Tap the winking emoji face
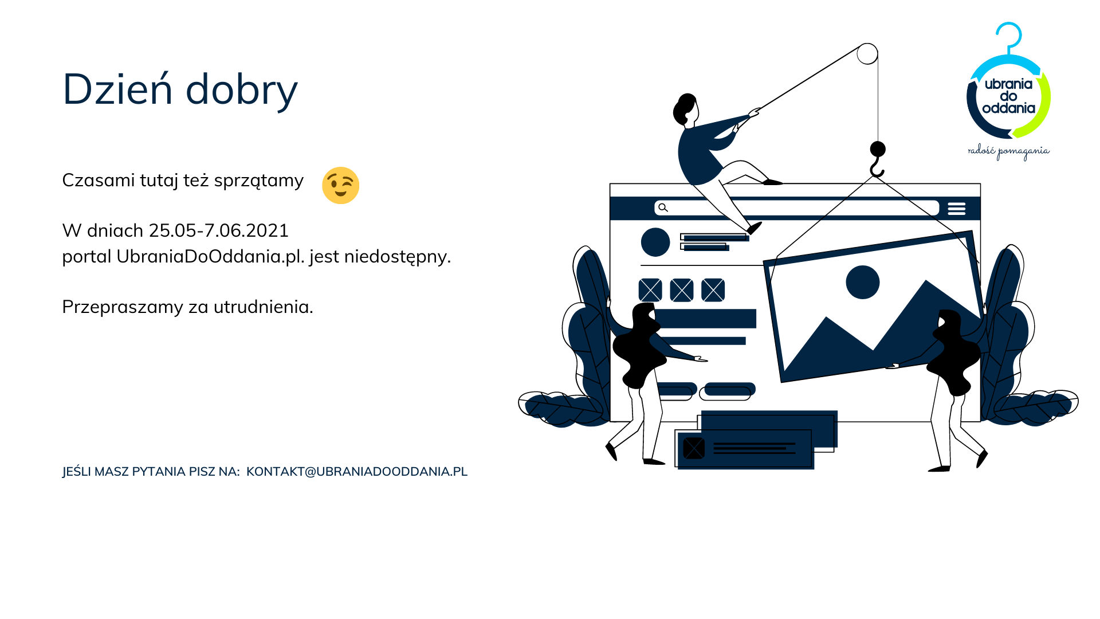click(341, 185)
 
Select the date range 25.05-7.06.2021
click(219, 230)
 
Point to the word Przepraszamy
click(123, 307)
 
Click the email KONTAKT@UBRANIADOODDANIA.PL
click(357, 471)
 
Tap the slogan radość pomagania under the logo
click(1008, 151)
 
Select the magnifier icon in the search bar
click(663, 207)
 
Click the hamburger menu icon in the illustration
click(956, 209)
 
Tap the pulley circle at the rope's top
click(867, 54)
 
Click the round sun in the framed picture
click(863, 282)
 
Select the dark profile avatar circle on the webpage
click(655, 242)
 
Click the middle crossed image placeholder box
click(682, 290)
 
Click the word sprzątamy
click(258, 181)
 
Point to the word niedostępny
click(397, 257)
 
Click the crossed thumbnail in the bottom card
click(694, 448)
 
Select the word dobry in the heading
click(242, 89)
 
